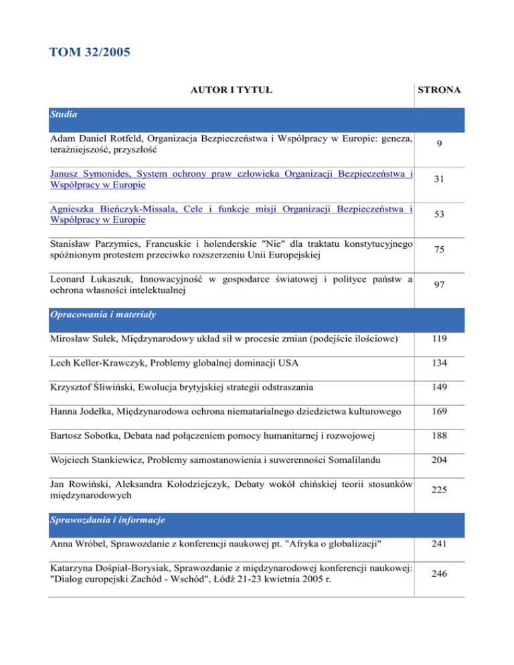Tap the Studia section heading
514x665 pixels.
click(64, 114)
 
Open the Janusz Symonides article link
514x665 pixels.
click(231, 179)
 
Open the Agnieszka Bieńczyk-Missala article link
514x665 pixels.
click(231, 215)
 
